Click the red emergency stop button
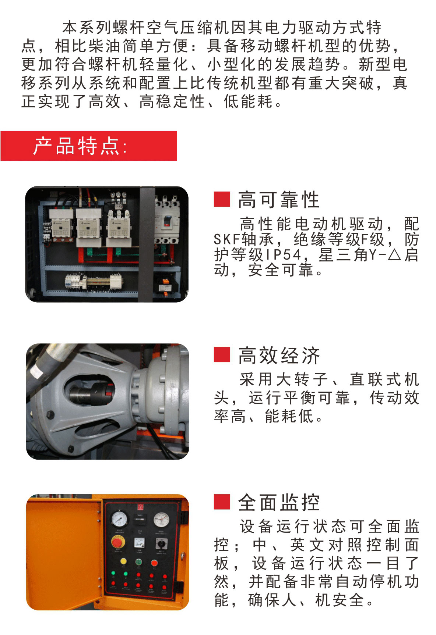tap(117, 542)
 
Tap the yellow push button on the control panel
tap(123, 561)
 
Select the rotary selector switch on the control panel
tap(161, 543)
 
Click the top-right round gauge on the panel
tap(161, 519)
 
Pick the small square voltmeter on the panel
tap(139, 542)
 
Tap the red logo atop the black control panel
tap(140, 508)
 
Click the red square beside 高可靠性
tap(222, 199)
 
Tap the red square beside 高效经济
tap(222, 355)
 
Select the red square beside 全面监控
tap(222, 502)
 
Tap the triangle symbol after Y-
tap(394, 254)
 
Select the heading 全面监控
tap(279, 502)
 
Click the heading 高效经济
tap(279, 356)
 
